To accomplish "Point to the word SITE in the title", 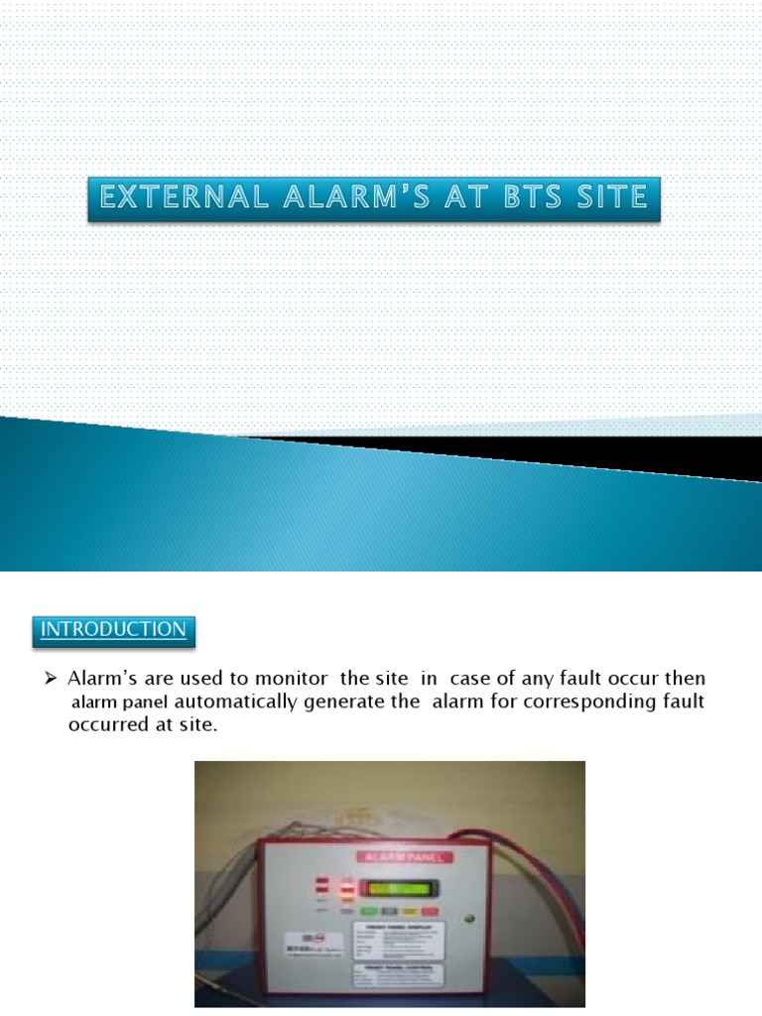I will (x=606, y=198).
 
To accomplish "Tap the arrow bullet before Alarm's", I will (x=54, y=680).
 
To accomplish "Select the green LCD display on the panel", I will (x=399, y=888).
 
